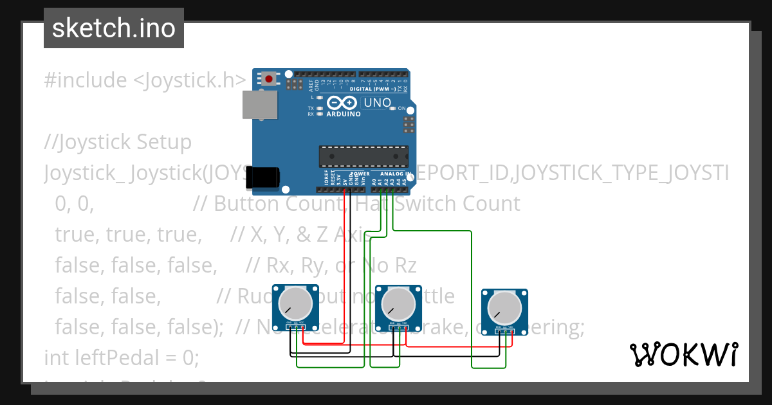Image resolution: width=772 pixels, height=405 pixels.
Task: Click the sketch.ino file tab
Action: pyautogui.click(x=114, y=28)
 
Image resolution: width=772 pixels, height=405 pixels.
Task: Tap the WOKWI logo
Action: pyautogui.click(x=683, y=354)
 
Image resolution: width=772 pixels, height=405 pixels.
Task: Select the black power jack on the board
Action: pyautogui.click(x=263, y=177)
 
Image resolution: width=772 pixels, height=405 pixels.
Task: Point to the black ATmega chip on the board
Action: pyautogui.click(x=363, y=156)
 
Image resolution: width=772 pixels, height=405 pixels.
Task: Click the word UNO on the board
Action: pyautogui.click(x=378, y=103)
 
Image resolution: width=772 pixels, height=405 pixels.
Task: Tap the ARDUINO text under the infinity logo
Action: pyautogui.click(x=343, y=114)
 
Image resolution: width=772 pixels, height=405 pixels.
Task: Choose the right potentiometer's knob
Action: pyautogui.click(x=504, y=307)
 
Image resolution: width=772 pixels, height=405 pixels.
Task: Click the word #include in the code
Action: pyautogui.click(x=86, y=80)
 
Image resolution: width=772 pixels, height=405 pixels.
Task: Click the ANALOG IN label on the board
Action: pyautogui.click(x=394, y=174)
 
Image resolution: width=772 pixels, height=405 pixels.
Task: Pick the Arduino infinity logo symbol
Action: pyautogui.click(x=342, y=102)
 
